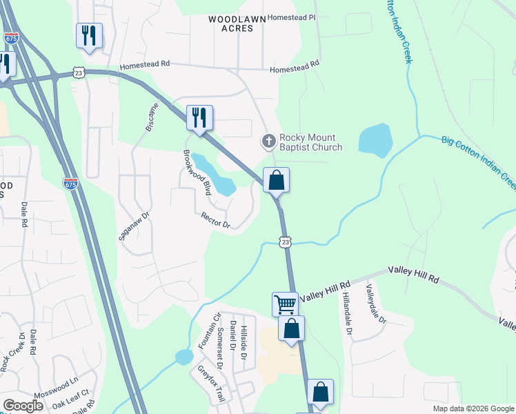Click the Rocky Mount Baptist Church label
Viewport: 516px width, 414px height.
(x=310, y=142)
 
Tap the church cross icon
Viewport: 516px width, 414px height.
(x=268, y=141)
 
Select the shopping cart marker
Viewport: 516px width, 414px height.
(x=285, y=304)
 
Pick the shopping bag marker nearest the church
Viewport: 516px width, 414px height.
(x=276, y=181)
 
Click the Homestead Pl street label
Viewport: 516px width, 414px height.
(x=291, y=17)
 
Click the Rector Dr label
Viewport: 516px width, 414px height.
(x=215, y=220)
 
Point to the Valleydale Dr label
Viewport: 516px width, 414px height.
(x=377, y=304)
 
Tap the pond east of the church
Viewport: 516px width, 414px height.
(x=375, y=138)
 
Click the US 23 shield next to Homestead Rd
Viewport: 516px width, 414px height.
(x=79, y=72)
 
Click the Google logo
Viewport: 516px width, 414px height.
(x=23, y=406)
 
